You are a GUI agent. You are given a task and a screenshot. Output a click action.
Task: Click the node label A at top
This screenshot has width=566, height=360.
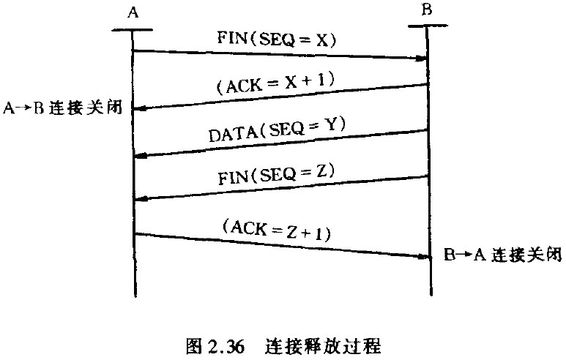(133, 12)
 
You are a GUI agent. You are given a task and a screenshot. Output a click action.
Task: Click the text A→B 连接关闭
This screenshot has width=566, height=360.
(63, 109)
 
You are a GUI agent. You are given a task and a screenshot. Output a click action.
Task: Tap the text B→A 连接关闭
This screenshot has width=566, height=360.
(502, 256)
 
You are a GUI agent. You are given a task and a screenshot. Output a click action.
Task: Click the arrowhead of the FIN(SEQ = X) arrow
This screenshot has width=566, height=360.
(422, 58)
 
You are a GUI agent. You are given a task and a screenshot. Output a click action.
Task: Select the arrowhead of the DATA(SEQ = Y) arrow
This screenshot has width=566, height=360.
(140, 155)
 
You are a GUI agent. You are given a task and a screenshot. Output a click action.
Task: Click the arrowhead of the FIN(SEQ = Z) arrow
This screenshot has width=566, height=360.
(140, 198)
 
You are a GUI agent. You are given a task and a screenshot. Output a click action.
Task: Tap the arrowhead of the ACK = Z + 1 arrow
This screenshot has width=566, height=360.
(422, 257)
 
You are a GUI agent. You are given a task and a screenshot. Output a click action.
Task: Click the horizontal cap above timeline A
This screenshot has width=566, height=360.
(133, 30)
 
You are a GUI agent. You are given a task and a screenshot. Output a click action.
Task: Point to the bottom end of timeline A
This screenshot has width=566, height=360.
(133, 296)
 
